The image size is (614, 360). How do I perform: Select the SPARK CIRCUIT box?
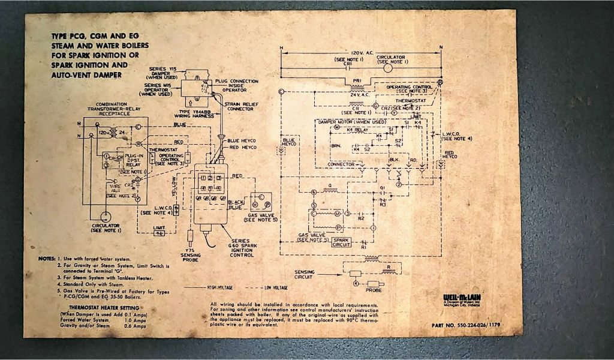pos(341,242)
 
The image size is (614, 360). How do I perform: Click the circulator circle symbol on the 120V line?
pos(387,68)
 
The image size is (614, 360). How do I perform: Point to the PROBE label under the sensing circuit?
pos(374,290)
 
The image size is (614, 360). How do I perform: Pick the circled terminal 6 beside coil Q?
pos(314,192)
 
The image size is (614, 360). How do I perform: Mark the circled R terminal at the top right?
pos(440,82)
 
